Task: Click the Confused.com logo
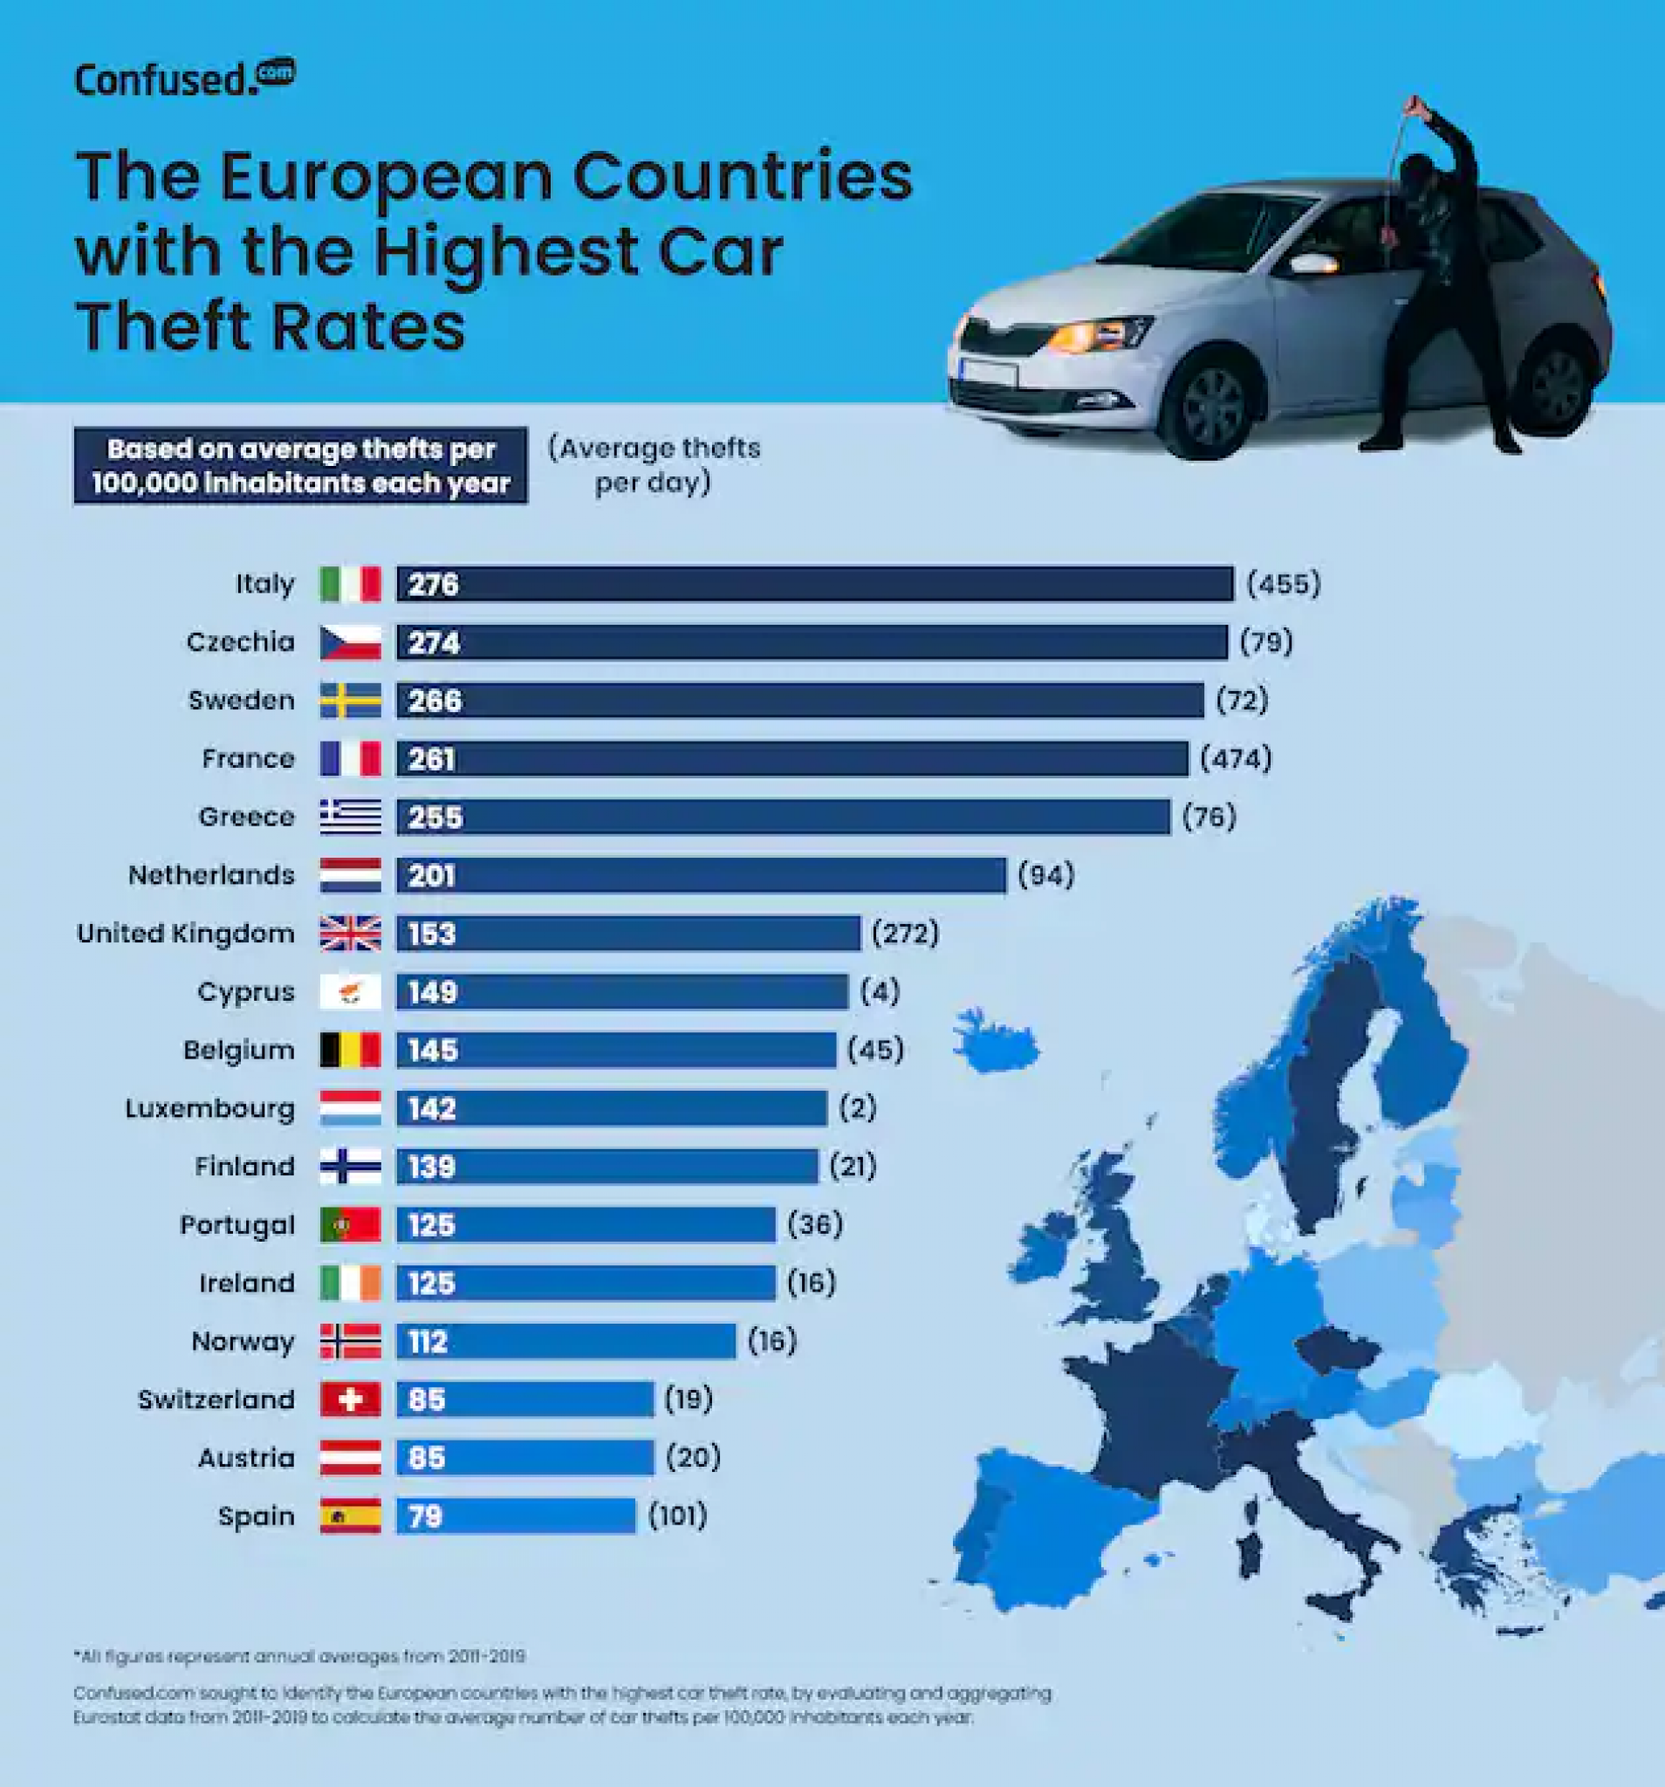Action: pyautogui.click(x=184, y=79)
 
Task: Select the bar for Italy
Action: pyautogui.click(x=813, y=584)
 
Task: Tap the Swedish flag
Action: pyautogui.click(x=351, y=701)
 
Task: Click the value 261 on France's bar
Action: pyautogui.click(x=432, y=760)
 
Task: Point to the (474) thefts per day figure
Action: pyautogui.click(x=1237, y=758)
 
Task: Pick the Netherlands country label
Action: pyautogui.click(x=211, y=874)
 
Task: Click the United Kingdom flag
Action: pyautogui.click(x=351, y=933)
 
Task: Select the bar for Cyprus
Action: pyautogui.click(x=620, y=991)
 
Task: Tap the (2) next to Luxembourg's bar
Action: pyautogui.click(x=858, y=1107)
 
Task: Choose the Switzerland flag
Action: pyautogui.click(x=351, y=1399)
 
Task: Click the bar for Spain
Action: pyautogui.click(x=515, y=1516)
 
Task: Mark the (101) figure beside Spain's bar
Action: pyautogui.click(x=678, y=1516)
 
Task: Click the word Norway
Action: pyautogui.click(x=243, y=1341)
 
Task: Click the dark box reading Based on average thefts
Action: pyautogui.click(x=300, y=466)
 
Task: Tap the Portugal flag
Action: pyautogui.click(x=351, y=1224)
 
